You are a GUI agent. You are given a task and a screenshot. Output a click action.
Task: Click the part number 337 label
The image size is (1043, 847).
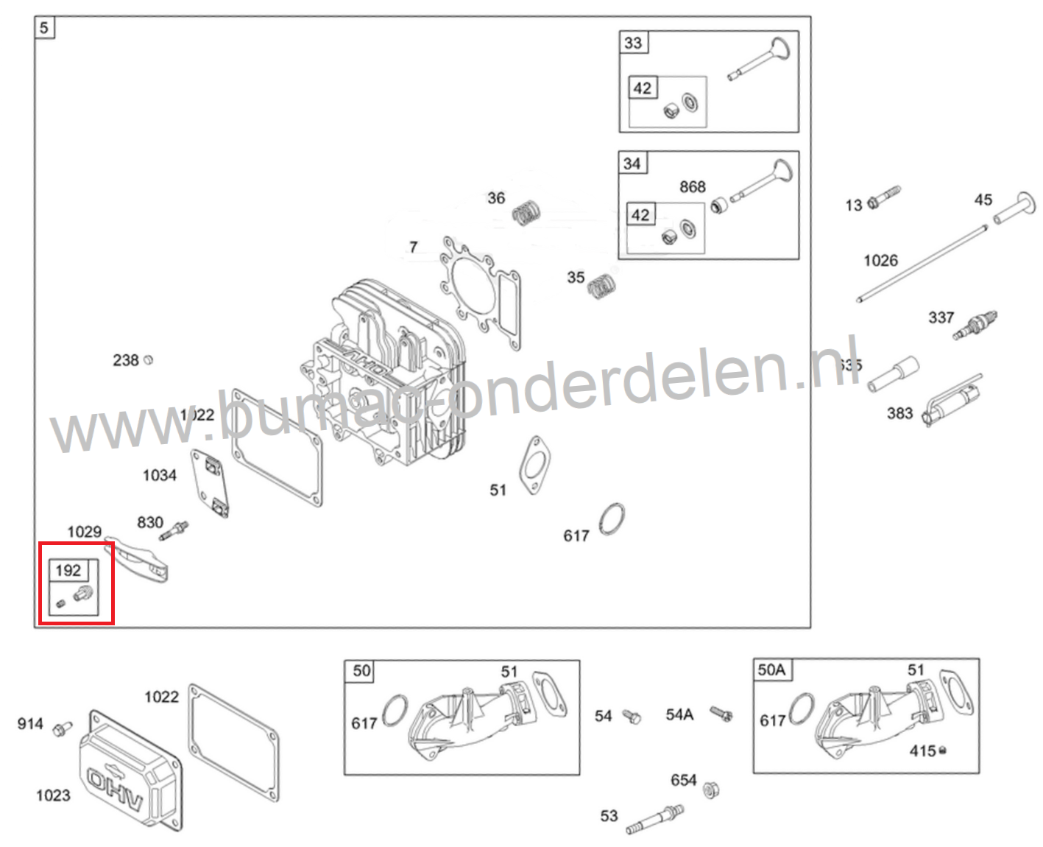tap(941, 317)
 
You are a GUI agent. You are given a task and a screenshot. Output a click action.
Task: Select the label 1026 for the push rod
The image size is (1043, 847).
tap(880, 260)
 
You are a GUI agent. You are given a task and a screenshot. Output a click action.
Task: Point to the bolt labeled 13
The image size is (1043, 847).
tap(883, 197)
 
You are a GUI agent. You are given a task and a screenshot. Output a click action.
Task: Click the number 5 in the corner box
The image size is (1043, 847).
tap(44, 28)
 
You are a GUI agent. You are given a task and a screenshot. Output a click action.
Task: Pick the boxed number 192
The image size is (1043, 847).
tap(68, 570)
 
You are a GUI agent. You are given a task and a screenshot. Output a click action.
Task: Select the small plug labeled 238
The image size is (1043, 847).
tap(148, 360)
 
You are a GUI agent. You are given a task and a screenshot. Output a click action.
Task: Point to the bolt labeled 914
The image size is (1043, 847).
tap(62, 728)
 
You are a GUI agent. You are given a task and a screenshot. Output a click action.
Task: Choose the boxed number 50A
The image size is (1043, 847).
tap(771, 669)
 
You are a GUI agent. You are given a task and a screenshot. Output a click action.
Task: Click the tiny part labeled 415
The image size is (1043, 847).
tap(943, 751)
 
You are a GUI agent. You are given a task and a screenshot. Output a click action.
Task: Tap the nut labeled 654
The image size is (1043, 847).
tap(711, 790)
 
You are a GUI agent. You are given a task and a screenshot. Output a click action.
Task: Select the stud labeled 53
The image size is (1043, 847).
tap(656, 818)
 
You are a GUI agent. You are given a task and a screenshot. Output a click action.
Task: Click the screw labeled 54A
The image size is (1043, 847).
tap(721, 714)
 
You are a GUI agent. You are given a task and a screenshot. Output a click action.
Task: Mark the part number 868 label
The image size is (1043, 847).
tap(693, 187)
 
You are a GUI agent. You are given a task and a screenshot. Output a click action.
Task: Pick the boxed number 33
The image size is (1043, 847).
tap(633, 43)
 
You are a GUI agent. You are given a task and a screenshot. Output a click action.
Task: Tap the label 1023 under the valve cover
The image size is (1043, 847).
tap(53, 795)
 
